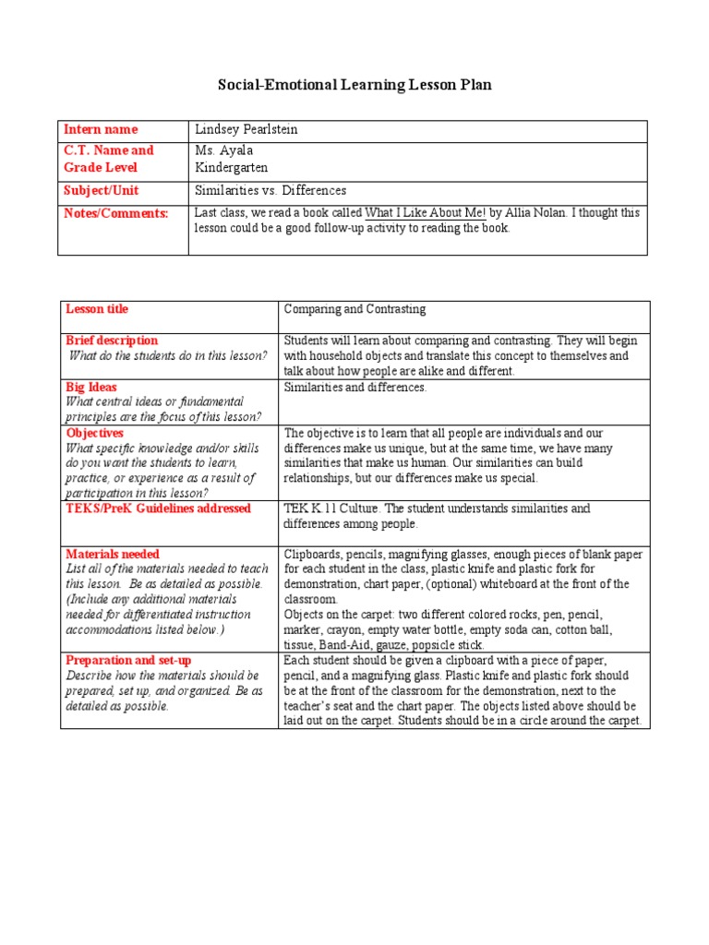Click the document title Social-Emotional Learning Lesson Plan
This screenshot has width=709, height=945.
coord(354,85)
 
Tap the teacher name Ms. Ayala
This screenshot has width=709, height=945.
coord(223,150)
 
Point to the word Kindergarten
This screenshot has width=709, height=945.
coord(233,168)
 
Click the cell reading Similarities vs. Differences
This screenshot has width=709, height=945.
coord(270,191)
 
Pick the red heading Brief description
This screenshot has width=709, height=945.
coord(112,341)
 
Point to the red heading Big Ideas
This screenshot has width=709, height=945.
coord(91,388)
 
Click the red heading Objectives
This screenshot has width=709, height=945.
coord(94,433)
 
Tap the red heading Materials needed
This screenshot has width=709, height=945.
coord(112,555)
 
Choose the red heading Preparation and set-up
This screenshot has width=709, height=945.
coord(125,661)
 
